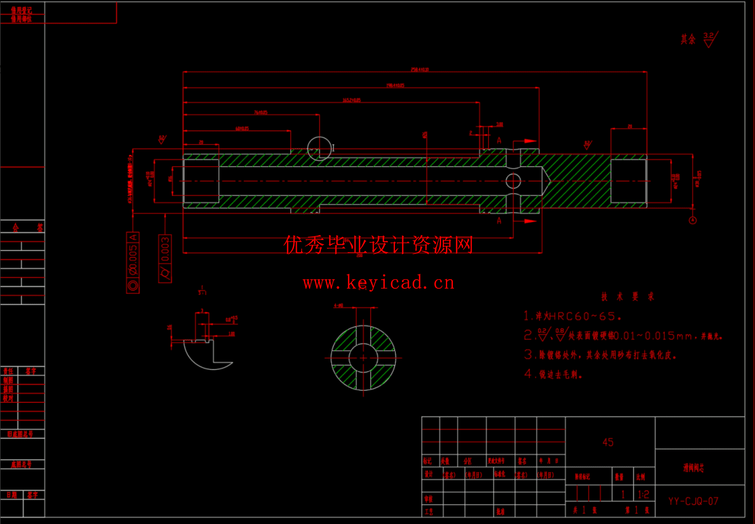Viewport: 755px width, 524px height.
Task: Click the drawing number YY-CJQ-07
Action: click(693, 501)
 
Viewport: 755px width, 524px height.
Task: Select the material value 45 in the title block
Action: click(607, 442)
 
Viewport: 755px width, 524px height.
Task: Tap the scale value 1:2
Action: click(643, 494)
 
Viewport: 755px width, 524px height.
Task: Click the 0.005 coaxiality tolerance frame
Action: click(133, 263)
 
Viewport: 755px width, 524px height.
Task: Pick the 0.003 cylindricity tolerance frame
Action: click(165, 258)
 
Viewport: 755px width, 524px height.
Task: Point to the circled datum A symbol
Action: click(692, 220)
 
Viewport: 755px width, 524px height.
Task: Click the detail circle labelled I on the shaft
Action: click(319, 148)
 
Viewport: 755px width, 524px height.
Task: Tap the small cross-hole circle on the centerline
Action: click(513, 181)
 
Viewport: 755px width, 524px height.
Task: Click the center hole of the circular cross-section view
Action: click(363, 358)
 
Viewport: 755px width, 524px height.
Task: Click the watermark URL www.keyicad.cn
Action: click(378, 282)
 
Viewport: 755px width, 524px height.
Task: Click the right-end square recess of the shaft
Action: click(628, 181)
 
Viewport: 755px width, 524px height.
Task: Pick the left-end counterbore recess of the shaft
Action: click(201, 181)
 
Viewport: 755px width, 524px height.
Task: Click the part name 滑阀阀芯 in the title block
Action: click(693, 468)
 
